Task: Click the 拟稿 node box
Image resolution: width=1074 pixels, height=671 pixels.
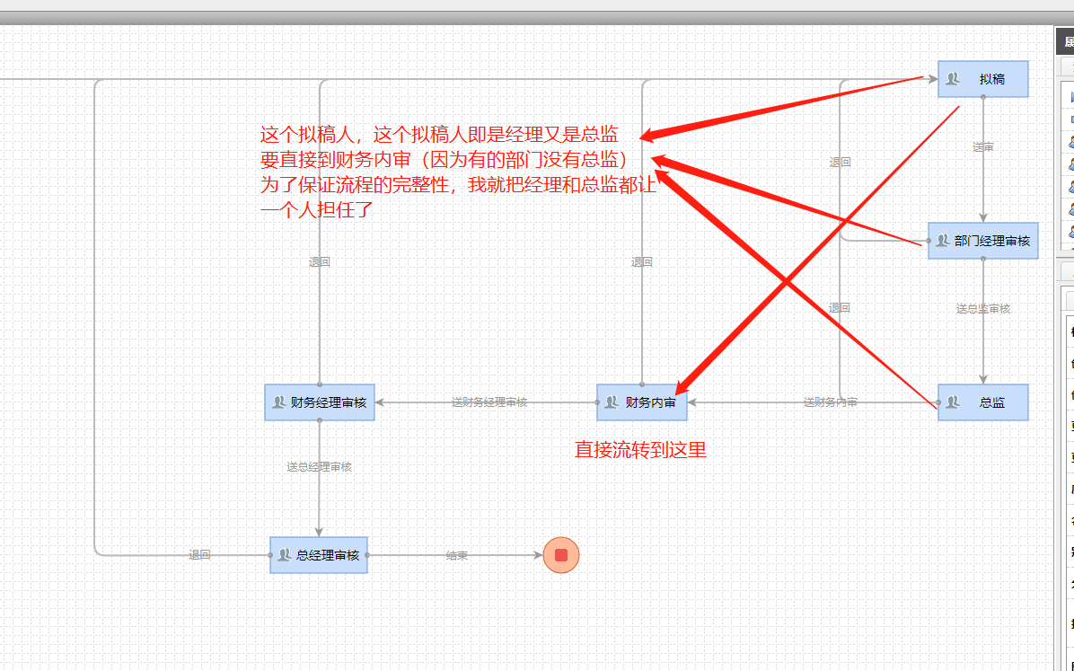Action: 982,79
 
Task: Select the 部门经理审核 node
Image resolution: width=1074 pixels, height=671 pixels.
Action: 982,241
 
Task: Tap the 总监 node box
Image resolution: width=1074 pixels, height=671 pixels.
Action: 982,402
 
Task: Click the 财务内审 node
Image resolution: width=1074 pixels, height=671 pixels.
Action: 641,402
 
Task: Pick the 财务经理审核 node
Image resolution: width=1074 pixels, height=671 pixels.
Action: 319,402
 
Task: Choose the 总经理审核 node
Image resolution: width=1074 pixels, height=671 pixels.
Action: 319,555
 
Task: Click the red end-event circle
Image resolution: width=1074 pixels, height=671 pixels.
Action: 561,555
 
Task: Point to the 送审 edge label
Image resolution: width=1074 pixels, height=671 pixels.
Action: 983,147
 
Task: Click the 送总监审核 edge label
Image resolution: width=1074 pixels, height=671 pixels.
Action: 983,309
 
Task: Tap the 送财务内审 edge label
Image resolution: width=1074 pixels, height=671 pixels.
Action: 830,402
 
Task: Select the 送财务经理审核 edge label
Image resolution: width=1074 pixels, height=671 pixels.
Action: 489,402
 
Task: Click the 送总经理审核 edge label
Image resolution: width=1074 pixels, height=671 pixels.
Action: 319,467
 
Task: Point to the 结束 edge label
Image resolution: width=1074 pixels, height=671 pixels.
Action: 457,556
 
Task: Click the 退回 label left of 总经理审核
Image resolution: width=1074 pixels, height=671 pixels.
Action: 199,556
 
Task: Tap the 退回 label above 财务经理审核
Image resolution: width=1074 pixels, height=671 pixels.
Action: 319,262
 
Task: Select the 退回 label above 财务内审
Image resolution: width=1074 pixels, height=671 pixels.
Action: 641,262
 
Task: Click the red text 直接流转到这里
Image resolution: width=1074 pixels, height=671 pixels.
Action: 640,450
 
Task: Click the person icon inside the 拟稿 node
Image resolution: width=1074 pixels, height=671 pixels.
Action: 953,79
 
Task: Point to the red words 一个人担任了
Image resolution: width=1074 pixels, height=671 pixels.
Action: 316,211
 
